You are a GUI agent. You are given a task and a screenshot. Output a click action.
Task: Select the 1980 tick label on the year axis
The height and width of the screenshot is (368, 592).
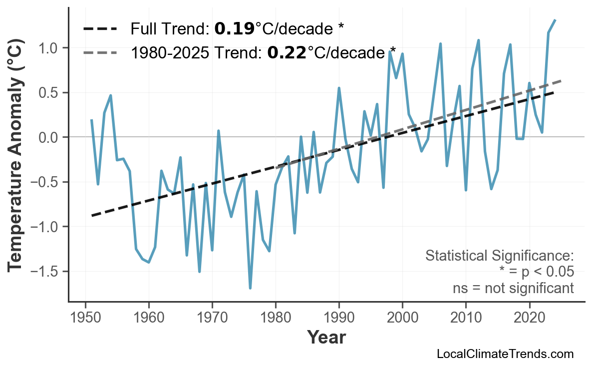point(276,318)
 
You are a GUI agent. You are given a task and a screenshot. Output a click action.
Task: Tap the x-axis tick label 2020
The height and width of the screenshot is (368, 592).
point(529,318)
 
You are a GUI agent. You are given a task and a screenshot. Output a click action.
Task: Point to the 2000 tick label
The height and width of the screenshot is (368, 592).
point(402,318)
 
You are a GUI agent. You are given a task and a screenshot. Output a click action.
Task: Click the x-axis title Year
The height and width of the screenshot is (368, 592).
point(326,338)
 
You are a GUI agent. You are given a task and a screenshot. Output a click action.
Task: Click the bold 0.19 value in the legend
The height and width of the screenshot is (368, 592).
point(234,29)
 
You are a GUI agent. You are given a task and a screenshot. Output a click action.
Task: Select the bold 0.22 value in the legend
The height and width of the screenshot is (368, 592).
point(287,52)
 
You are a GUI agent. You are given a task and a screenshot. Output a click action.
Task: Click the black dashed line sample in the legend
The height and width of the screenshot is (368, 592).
point(100,29)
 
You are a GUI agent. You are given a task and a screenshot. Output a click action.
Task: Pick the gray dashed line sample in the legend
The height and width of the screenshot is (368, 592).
point(100,52)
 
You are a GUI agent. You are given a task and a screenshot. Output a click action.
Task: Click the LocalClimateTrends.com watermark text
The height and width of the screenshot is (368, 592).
point(505,354)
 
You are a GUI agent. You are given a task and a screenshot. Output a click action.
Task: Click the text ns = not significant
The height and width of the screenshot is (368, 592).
point(513,288)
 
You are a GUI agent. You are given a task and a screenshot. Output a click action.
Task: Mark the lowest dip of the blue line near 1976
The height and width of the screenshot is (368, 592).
point(250,288)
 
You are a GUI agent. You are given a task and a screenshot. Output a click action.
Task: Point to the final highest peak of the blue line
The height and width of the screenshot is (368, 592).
point(555,20)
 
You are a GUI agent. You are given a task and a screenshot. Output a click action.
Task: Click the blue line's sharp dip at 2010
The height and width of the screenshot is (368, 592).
point(466,190)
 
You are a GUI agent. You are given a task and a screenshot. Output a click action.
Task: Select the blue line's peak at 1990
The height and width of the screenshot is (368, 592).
point(339,88)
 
